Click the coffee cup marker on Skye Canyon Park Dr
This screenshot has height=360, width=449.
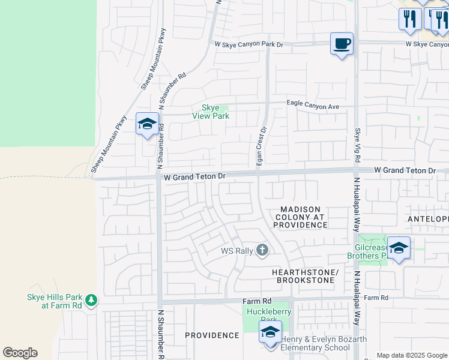(342, 44)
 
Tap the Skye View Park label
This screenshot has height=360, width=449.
(210, 112)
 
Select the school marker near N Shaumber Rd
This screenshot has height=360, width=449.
(147, 124)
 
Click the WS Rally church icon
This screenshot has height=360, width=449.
(262, 250)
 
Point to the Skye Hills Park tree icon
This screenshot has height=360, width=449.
(91, 299)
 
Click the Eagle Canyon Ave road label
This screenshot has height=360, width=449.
(313, 106)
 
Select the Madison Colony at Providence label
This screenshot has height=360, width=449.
(301, 217)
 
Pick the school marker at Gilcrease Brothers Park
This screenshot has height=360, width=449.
(399, 248)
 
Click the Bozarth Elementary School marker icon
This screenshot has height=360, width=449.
(270, 332)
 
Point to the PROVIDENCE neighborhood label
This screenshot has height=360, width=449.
(212, 335)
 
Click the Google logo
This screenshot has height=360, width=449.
(20, 353)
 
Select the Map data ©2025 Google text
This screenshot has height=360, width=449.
(412, 355)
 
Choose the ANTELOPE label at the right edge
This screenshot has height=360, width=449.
(428, 219)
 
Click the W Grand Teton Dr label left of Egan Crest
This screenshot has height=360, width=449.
(194, 177)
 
